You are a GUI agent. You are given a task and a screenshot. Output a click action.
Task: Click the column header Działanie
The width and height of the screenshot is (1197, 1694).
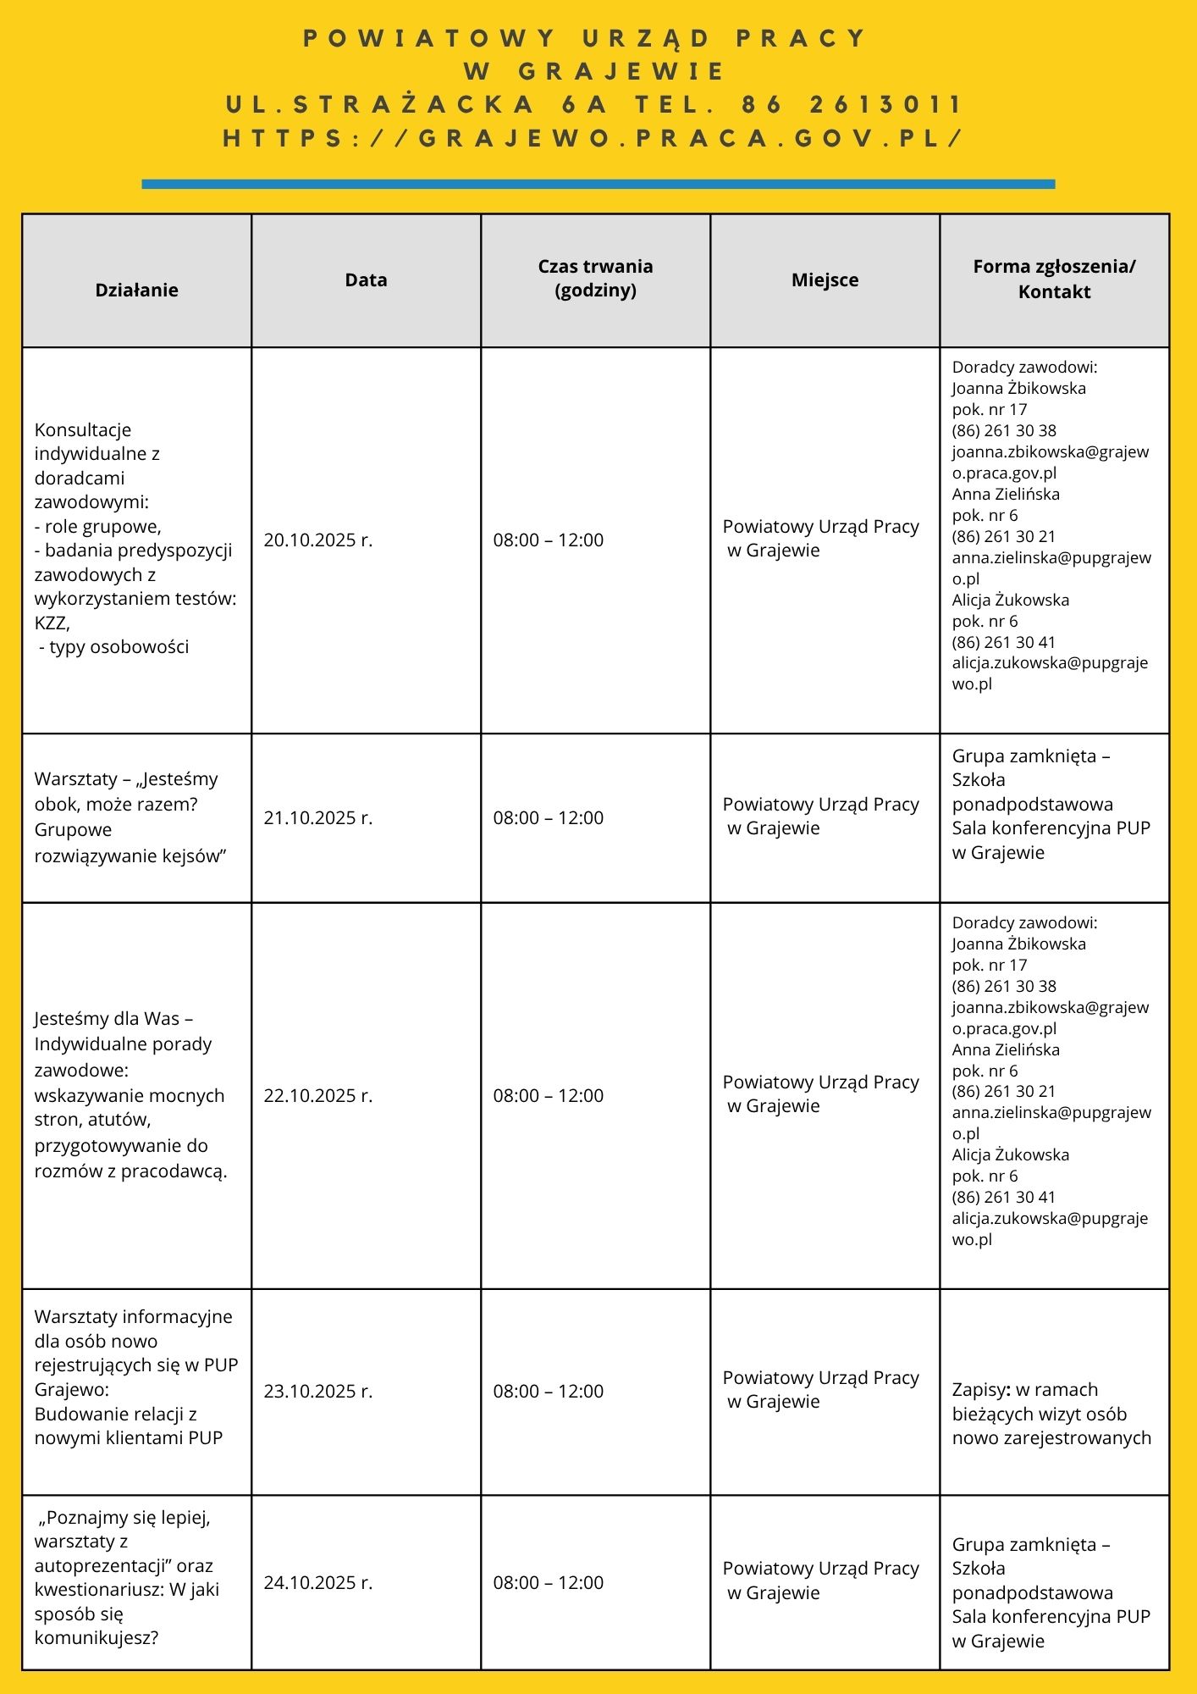pyautogui.click(x=136, y=290)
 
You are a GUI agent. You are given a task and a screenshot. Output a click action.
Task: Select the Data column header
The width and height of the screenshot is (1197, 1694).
pyautogui.click(x=366, y=280)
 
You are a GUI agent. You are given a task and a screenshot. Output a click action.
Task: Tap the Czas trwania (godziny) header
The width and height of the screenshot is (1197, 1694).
pyautogui.click(x=595, y=278)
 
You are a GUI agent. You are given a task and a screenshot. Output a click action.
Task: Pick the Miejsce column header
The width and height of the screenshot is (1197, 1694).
pyautogui.click(x=825, y=280)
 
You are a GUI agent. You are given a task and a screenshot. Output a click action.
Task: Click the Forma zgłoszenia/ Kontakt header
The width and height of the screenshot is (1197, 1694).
pyautogui.click(x=1054, y=279)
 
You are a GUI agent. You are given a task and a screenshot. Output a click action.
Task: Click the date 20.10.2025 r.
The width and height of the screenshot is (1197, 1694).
pyautogui.click(x=318, y=540)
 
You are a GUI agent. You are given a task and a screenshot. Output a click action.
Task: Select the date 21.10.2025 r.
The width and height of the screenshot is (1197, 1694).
pyautogui.click(x=318, y=818)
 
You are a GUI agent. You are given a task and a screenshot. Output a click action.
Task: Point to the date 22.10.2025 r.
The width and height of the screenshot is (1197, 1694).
pyautogui.click(x=318, y=1096)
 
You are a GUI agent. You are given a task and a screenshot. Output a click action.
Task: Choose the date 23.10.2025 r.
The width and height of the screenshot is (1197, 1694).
pyautogui.click(x=318, y=1392)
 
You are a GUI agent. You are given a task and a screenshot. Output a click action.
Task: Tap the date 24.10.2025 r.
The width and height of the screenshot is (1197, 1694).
pyautogui.click(x=318, y=1583)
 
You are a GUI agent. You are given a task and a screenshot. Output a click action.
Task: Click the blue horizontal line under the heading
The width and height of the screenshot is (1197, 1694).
pyautogui.click(x=598, y=184)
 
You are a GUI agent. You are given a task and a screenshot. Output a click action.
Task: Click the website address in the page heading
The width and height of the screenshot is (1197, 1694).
pyautogui.click(x=593, y=138)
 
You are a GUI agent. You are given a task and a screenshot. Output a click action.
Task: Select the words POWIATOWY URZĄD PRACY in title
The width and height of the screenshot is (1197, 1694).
pyautogui.click(x=585, y=39)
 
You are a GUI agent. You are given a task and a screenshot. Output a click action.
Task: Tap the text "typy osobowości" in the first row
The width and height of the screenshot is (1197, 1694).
pyautogui.click(x=119, y=647)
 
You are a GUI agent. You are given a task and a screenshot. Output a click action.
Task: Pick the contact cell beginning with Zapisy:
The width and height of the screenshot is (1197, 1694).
pyautogui.click(x=1051, y=1414)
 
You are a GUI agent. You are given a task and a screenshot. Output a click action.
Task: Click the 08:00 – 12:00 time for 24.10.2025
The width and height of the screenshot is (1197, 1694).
pyautogui.click(x=549, y=1583)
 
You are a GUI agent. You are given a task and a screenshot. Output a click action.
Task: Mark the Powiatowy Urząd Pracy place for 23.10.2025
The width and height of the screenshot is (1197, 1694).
pyautogui.click(x=820, y=1390)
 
